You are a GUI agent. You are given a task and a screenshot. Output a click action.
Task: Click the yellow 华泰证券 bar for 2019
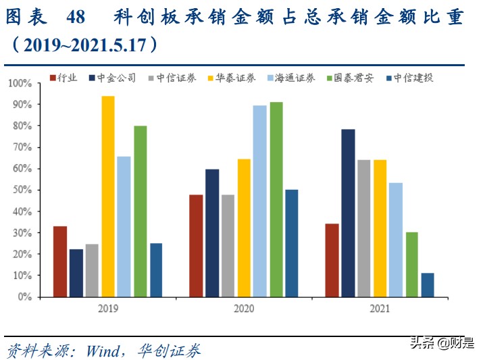click(x=108, y=197)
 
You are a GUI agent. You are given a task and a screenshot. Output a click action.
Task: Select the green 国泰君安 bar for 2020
click(x=276, y=199)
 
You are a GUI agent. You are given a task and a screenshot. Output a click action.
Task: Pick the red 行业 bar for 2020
click(x=196, y=246)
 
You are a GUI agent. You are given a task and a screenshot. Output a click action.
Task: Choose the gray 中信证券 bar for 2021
click(x=364, y=228)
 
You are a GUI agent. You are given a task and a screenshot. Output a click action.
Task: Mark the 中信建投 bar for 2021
click(x=428, y=284)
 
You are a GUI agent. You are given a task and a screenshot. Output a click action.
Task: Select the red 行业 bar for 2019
click(x=60, y=261)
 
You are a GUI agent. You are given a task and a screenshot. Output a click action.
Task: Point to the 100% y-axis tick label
click(x=20, y=83)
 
